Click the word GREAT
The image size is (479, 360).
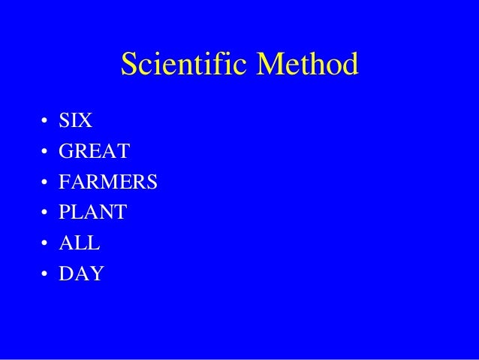coord(95,153)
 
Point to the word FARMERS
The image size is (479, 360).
coord(108,183)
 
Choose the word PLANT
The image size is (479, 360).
coord(93,213)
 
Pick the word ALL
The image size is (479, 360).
coord(80,244)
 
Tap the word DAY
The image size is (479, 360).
coord(82,274)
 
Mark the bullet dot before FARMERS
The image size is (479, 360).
coord(45,183)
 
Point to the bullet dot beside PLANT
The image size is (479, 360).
coord(45,214)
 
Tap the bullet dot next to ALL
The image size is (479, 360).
coord(45,244)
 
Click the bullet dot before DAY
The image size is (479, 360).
coord(45,275)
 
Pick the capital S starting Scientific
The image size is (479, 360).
coord(128,66)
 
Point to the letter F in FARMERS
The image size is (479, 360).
coord(65,183)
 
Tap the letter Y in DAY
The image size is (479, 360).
coord(96,274)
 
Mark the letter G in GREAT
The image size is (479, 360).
coord(67,153)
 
